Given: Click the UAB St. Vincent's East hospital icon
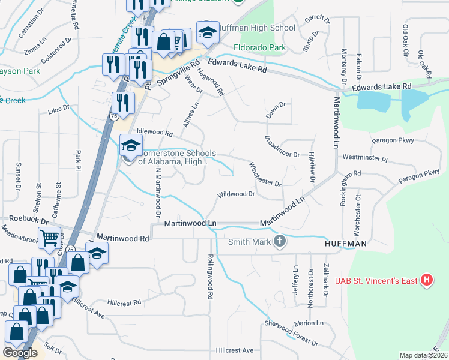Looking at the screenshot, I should (x=426, y=280).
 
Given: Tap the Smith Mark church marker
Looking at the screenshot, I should (x=279, y=242).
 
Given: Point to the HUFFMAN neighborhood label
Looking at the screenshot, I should (x=345, y=244).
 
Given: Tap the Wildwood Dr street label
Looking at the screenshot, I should (x=237, y=194).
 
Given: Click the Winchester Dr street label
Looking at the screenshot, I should (x=265, y=174).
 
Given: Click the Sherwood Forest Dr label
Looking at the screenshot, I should (x=291, y=333).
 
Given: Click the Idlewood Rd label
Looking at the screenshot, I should (x=155, y=132).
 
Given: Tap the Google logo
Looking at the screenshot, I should (x=20, y=353).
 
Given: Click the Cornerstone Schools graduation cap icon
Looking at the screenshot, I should (x=130, y=145).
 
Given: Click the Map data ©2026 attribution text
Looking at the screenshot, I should (x=423, y=355).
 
